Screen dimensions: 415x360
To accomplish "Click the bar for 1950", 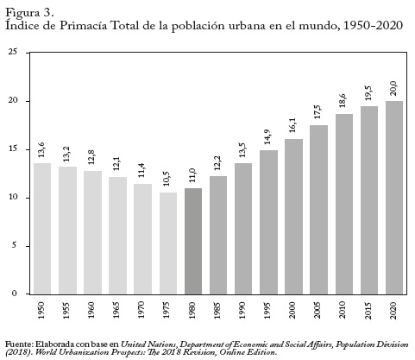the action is point(42,229).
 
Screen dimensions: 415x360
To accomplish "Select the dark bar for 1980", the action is point(193,241).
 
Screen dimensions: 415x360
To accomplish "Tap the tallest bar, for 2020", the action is point(394,198).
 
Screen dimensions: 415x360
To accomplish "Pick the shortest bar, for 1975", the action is point(168,243).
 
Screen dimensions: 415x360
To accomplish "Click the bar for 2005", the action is point(318,210).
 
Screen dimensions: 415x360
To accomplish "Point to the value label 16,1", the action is point(292,125).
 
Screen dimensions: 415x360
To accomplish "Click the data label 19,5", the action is point(368,92).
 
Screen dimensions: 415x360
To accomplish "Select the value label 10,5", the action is point(167,179).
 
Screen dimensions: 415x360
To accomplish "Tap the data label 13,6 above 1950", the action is point(41,149).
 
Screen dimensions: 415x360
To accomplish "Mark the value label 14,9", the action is point(268,136).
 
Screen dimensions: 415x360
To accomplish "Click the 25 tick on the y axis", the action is point(13,52).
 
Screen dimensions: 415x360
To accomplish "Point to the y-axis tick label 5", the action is point(15,246).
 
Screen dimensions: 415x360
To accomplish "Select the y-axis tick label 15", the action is point(13,149).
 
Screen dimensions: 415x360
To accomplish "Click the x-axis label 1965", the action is point(116,310).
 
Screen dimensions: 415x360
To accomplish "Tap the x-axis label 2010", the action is point(343,310).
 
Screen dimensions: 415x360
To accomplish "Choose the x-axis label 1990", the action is point(242,310).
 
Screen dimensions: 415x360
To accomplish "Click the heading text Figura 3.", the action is point(29,13).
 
